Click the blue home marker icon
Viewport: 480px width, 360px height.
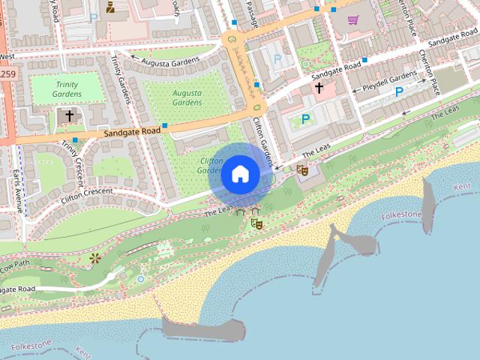click(x=240, y=174)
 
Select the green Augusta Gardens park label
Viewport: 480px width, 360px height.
click(x=187, y=97)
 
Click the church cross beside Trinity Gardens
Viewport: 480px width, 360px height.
click(x=70, y=116)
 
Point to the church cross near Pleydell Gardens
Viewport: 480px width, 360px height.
click(x=319, y=88)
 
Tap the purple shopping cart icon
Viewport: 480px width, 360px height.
click(x=353, y=19)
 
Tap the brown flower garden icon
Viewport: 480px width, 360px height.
click(x=94, y=259)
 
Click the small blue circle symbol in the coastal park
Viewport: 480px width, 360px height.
click(x=140, y=279)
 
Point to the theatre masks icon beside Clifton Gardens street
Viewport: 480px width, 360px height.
click(x=302, y=170)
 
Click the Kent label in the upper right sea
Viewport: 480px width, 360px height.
click(x=462, y=184)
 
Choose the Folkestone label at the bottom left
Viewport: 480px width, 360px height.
click(x=31, y=346)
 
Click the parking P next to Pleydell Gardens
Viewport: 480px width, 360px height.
click(x=399, y=92)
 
